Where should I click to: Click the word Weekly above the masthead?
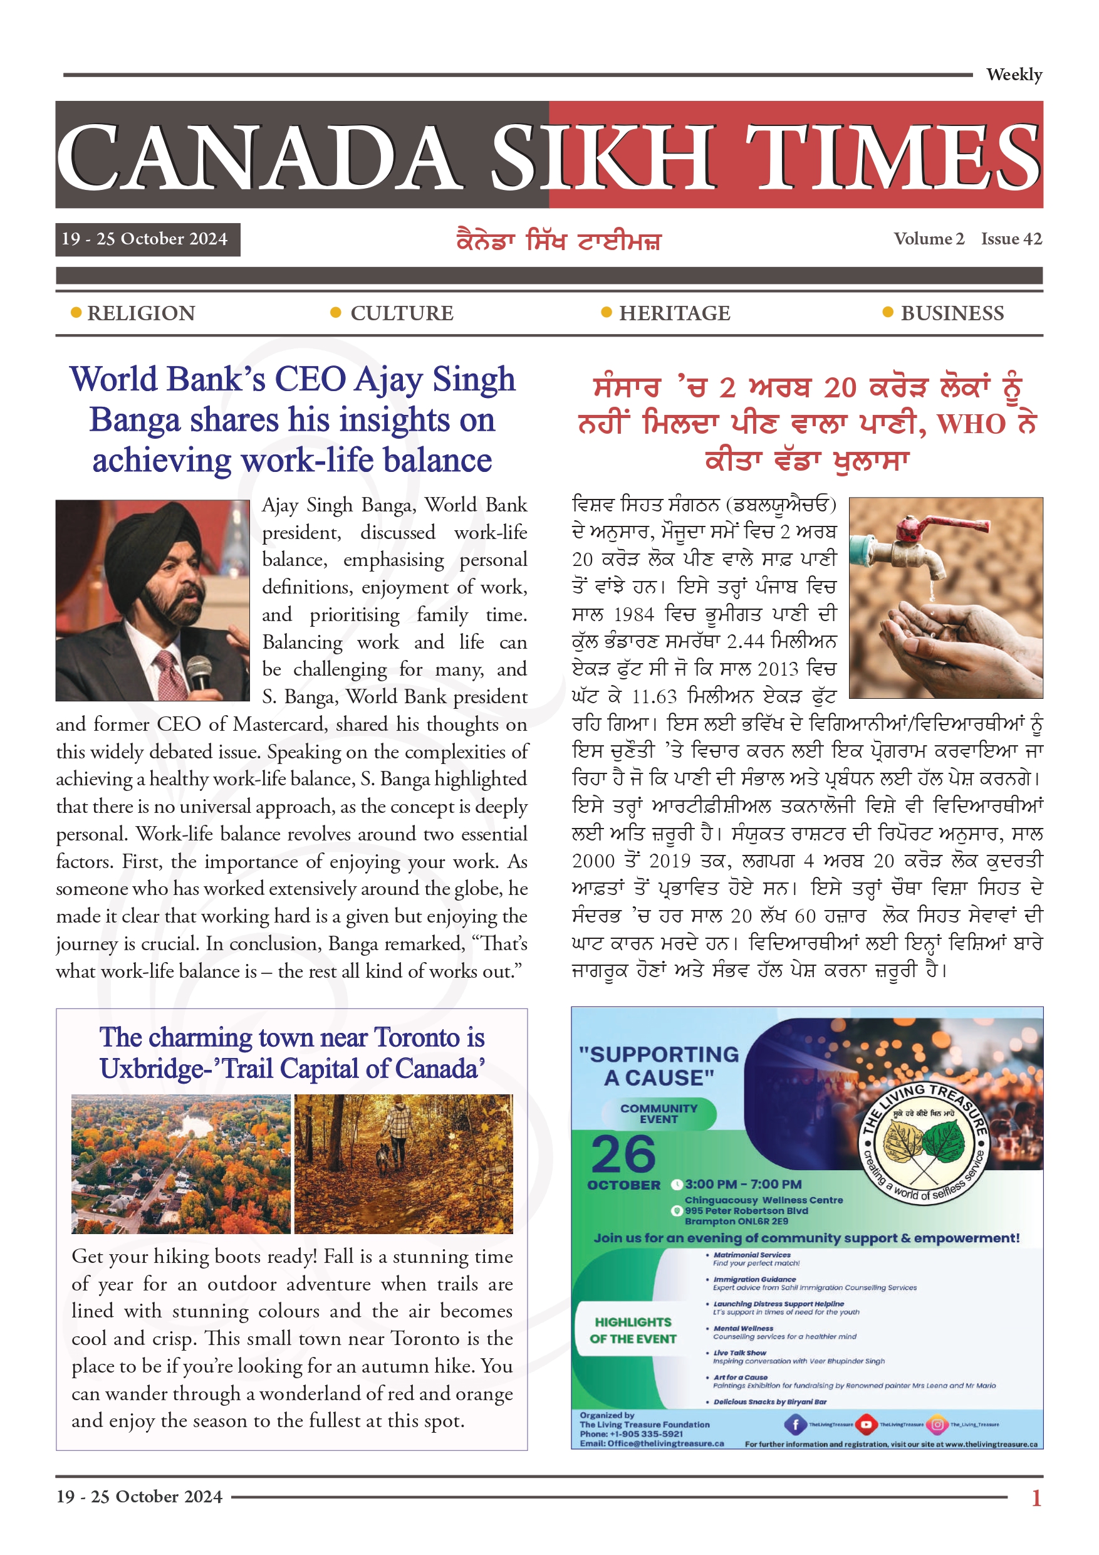(x=1014, y=75)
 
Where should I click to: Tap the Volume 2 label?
(x=929, y=239)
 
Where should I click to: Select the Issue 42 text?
(x=1011, y=239)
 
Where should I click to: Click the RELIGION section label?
(x=141, y=313)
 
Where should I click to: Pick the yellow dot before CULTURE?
(x=335, y=313)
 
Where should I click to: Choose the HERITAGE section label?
(x=674, y=313)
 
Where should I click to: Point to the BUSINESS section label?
(x=952, y=313)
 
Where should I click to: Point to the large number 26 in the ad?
(x=623, y=1154)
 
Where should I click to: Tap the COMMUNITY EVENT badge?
(x=658, y=1113)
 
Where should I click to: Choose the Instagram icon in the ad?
(x=937, y=1424)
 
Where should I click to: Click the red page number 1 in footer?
(x=1036, y=1497)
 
